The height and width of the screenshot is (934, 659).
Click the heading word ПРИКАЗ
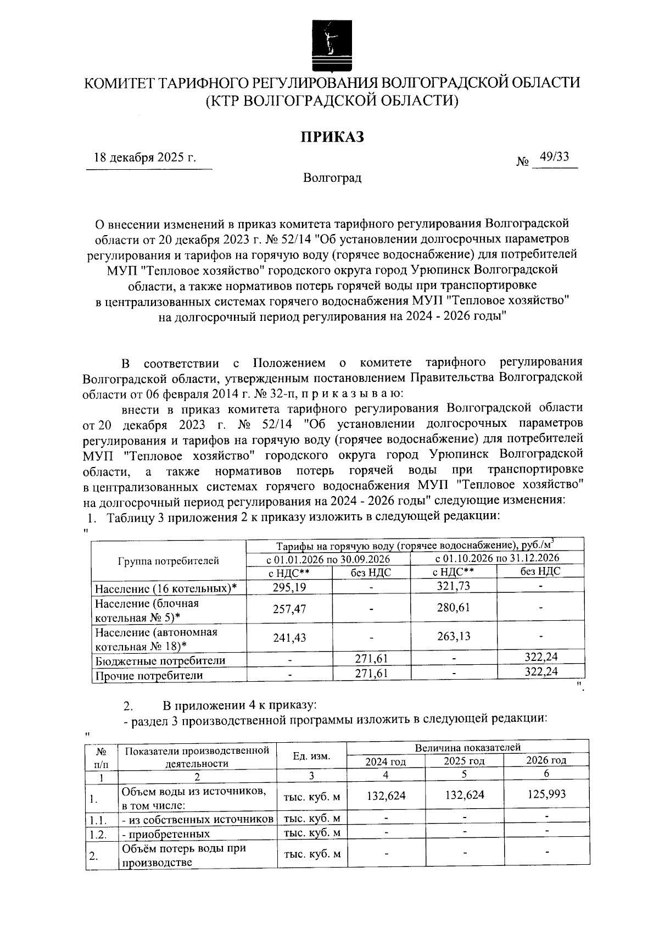coord(332,137)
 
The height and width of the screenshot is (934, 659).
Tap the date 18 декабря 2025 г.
coord(145,158)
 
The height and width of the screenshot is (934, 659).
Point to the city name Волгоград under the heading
coord(332,178)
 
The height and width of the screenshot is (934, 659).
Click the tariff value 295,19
coord(289,587)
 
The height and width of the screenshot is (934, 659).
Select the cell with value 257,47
coord(289,609)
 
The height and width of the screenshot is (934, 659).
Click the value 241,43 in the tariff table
coord(289,638)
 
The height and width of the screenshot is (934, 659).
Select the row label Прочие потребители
coord(149,675)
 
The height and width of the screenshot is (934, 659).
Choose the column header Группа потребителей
coord(168,560)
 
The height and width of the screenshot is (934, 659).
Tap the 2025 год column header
coord(464,761)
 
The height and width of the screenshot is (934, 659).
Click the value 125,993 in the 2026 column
coord(546,794)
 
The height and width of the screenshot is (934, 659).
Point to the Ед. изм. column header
coord(311,756)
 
